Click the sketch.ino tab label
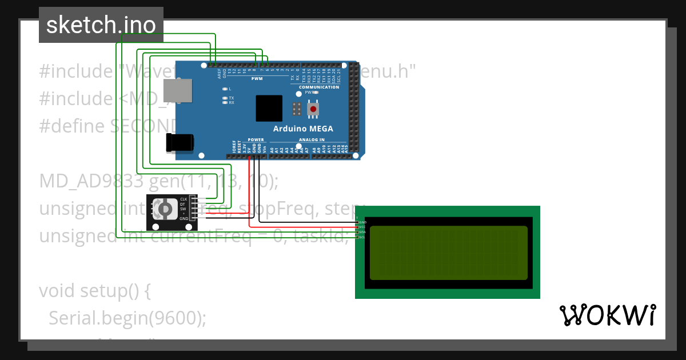pyautogui.click(x=101, y=25)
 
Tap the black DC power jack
pyautogui.click(x=180, y=142)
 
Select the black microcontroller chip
pyautogui.click(x=269, y=108)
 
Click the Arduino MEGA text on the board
pyautogui.click(x=303, y=129)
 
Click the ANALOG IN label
pyautogui.click(x=312, y=139)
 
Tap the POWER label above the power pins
pyautogui.click(x=256, y=139)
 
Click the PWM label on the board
pyautogui.click(x=257, y=79)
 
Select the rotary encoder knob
pyautogui.click(x=165, y=209)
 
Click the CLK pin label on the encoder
pyautogui.click(x=184, y=199)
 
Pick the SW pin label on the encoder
pyautogui.click(x=183, y=209)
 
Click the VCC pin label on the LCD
pyautogui.click(x=362, y=227)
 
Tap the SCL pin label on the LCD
pyautogui.click(x=362, y=237)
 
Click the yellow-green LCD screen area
pyautogui.click(x=448, y=253)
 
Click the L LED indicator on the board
pyautogui.click(x=225, y=89)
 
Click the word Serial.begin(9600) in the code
pyautogui.click(x=127, y=318)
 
